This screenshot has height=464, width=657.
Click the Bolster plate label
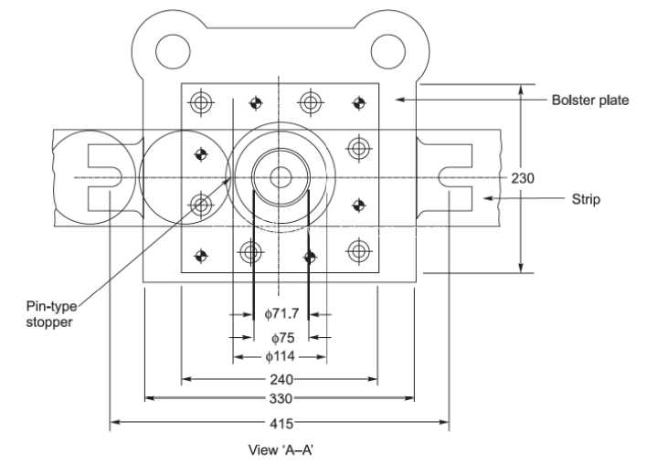(x=590, y=100)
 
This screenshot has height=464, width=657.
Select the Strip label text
(x=586, y=199)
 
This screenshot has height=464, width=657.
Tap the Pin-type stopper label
(x=51, y=314)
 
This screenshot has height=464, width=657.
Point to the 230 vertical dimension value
(x=523, y=178)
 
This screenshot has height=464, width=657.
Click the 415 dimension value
(x=281, y=424)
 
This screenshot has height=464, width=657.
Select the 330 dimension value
(x=281, y=398)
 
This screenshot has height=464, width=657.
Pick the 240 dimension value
(x=281, y=379)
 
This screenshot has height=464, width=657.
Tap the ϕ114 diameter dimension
(x=281, y=357)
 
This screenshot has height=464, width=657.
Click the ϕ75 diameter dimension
(x=283, y=338)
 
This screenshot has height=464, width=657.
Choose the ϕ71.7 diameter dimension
(x=281, y=313)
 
